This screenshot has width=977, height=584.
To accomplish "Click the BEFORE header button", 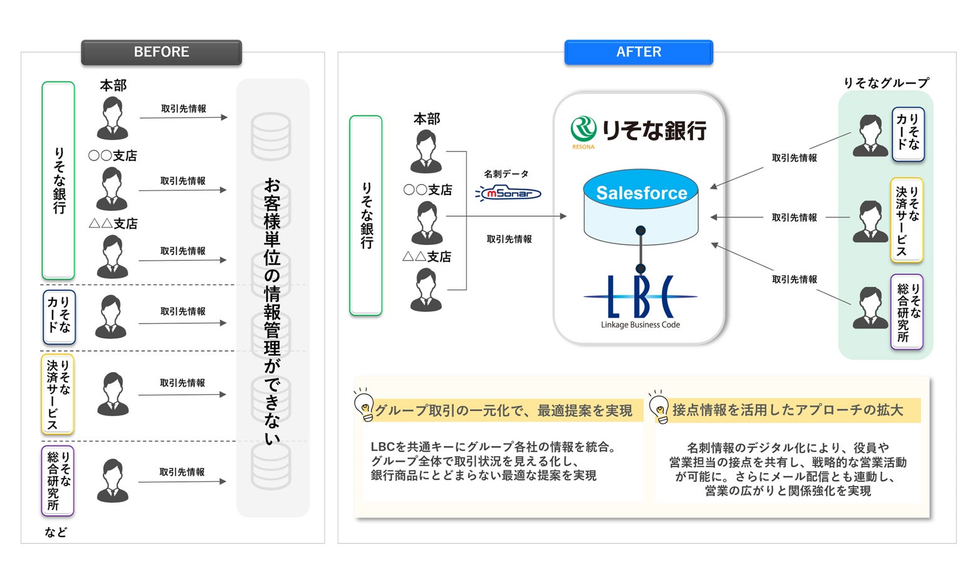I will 161,52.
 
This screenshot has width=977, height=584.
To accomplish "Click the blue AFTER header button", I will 639,52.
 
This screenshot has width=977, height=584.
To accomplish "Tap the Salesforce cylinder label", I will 641,193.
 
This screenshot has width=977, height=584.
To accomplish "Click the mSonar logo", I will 508,193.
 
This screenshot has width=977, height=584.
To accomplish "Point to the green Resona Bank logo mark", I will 583,129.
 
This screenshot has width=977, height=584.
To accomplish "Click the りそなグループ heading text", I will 886,83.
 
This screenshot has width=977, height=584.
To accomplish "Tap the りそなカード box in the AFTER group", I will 907,134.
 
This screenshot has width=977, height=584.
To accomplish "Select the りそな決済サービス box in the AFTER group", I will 906,220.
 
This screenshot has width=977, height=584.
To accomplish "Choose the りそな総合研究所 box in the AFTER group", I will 907,311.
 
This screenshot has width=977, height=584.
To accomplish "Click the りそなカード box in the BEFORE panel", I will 59,317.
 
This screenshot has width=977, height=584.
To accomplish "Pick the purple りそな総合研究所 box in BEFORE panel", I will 58,481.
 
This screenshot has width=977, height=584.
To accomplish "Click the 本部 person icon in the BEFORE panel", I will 113,119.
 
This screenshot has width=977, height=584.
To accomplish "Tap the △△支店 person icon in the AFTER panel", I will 426,289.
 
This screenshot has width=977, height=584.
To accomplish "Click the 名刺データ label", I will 506,174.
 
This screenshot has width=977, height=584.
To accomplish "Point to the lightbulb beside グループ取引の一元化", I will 364,405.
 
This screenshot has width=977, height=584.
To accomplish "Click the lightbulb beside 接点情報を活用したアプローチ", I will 659,406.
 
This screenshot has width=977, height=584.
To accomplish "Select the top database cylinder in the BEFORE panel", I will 271,136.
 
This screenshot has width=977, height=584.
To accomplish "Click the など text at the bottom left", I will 56,532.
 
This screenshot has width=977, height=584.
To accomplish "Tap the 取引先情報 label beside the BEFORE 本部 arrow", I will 184,108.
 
